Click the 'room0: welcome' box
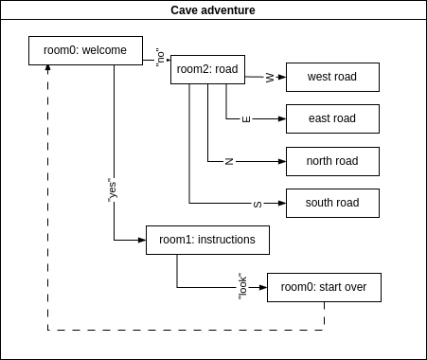85,50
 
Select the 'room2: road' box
207,69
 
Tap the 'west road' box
332,77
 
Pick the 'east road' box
332,118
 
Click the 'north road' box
332,161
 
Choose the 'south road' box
332,203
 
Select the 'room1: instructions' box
207,240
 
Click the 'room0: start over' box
324,287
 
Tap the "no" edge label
160,57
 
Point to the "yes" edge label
113,189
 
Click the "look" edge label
242,285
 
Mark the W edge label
270,78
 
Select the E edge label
246,119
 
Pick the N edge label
229,161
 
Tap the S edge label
258,204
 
